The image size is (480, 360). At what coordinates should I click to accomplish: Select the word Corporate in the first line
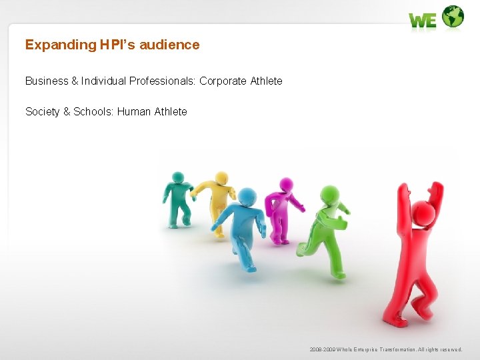click(223, 81)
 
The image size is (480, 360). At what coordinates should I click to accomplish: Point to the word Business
click(47, 81)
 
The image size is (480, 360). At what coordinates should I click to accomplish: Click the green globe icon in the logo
click(453, 17)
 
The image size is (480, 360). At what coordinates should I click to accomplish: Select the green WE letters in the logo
click(423, 21)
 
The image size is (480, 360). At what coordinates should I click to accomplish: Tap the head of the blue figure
click(247, 197)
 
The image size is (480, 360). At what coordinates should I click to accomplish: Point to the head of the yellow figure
click(221, 178)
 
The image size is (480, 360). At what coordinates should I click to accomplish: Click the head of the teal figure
click(177, 177)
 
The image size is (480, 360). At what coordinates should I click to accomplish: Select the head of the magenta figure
click(286, 184)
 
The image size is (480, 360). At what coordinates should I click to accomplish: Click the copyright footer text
click(385, 349)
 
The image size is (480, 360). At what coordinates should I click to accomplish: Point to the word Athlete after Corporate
click(266, 81)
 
